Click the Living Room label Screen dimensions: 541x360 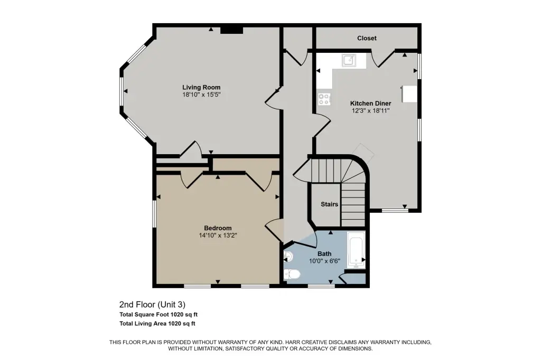pyautogui.click(x=201, y=87)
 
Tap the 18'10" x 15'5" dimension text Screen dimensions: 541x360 pyautogui.click(x=201, y=94)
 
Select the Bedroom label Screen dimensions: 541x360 pyautogui.click(x=218, y=228)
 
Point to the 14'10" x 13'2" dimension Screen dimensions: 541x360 pyautogui.click(x=218, y=235)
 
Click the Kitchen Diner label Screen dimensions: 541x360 pyautogui.click(x=370, y=103)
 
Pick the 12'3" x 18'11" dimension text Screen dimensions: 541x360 pyautogui.click(x=370, y=111)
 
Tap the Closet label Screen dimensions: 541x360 pyautogui.click(x=367, y=38)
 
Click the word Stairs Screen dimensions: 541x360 pyautogui.click(x=330, y=204)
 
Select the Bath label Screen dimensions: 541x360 pyautogui.click(x=324, y=254)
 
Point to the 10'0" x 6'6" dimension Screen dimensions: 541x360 pyautogui.click(x=324, y=261)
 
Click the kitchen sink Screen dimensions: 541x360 pyautogui.click(x=349, y=60)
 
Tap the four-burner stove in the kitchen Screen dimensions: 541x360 pyautogui.click(x=324, y=99)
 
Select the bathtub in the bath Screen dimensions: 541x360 pyautogui.click(x=356, y=250)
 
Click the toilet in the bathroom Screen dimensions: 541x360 pyautogui.click(x=292, y=274)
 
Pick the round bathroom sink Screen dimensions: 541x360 pyautogui.click(x=288, y=257)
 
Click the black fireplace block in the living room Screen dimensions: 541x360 pyautogui.click(x=232, y=31)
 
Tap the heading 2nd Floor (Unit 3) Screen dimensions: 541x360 pyautogui.click(x=152, y=305)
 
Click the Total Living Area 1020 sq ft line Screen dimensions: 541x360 pyautogui.click(x=157, y=324)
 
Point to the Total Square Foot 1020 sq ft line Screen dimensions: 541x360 pyautogui.click(x=158, y=315)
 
